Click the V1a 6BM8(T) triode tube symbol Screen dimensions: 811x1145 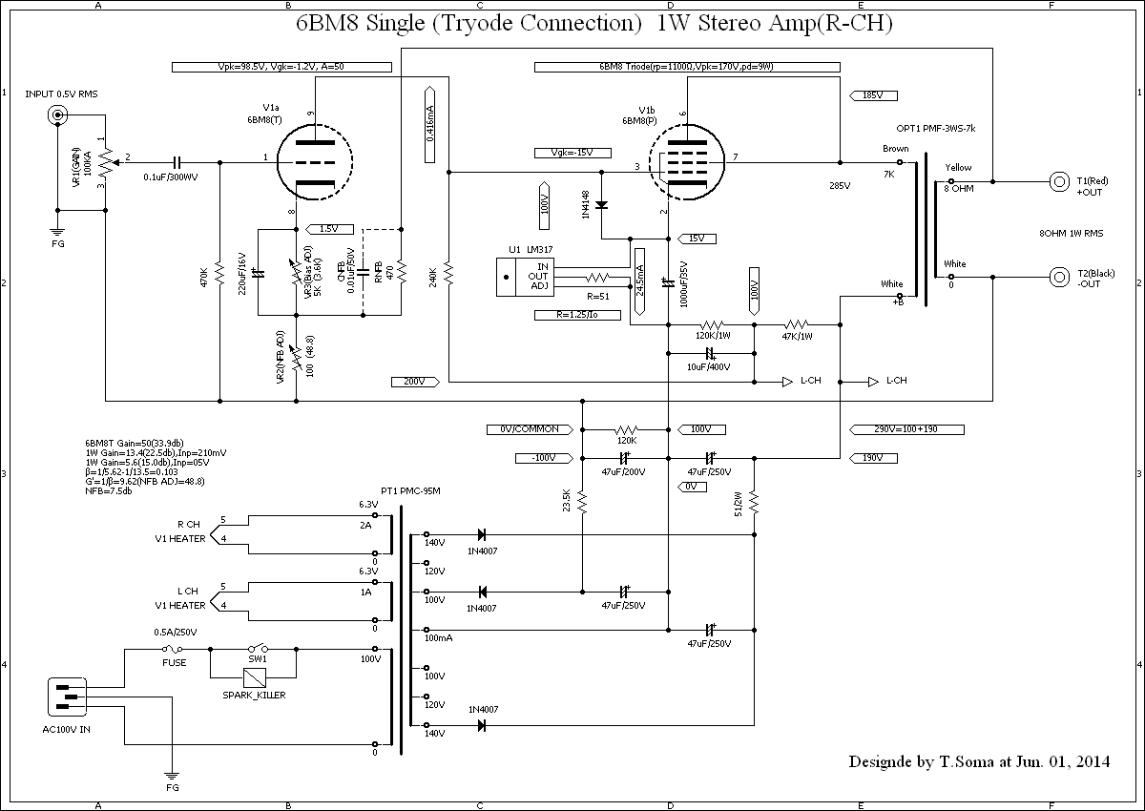pos(311,160)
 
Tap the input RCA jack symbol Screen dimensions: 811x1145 pos(57,116)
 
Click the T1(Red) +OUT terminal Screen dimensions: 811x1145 pos(1059,180)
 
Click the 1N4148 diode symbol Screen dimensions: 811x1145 pos(602,204)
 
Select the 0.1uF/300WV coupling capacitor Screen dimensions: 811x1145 pos(178,161)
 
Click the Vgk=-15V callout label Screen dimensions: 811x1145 pos(572,153)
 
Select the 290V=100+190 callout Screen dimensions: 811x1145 pos(906,428)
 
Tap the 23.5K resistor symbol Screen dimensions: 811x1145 pos(582,501)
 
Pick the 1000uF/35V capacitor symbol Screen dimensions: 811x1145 pos(667,282)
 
